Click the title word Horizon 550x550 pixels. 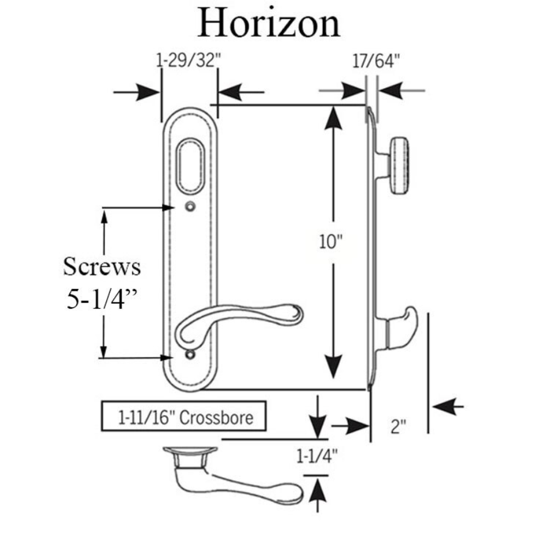coord(268,24)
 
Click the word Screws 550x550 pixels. coord(102,266)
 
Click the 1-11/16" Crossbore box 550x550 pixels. coord(184,418)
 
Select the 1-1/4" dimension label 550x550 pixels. coord(317,456)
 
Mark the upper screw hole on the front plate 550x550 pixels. coord(191,207)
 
